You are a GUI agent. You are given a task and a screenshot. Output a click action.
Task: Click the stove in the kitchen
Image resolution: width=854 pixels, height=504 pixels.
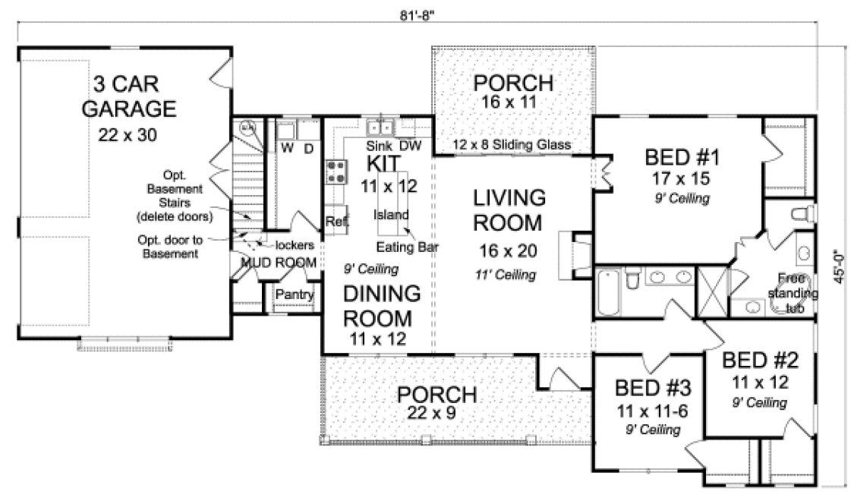pos(335,172)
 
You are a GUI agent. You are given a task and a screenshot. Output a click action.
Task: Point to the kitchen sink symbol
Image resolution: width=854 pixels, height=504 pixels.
pos(378,127)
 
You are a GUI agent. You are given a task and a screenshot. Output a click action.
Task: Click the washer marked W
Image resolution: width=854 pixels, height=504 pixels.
pos(288,146)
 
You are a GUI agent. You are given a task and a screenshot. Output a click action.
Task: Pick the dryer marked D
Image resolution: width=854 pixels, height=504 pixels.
pos(309,146)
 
